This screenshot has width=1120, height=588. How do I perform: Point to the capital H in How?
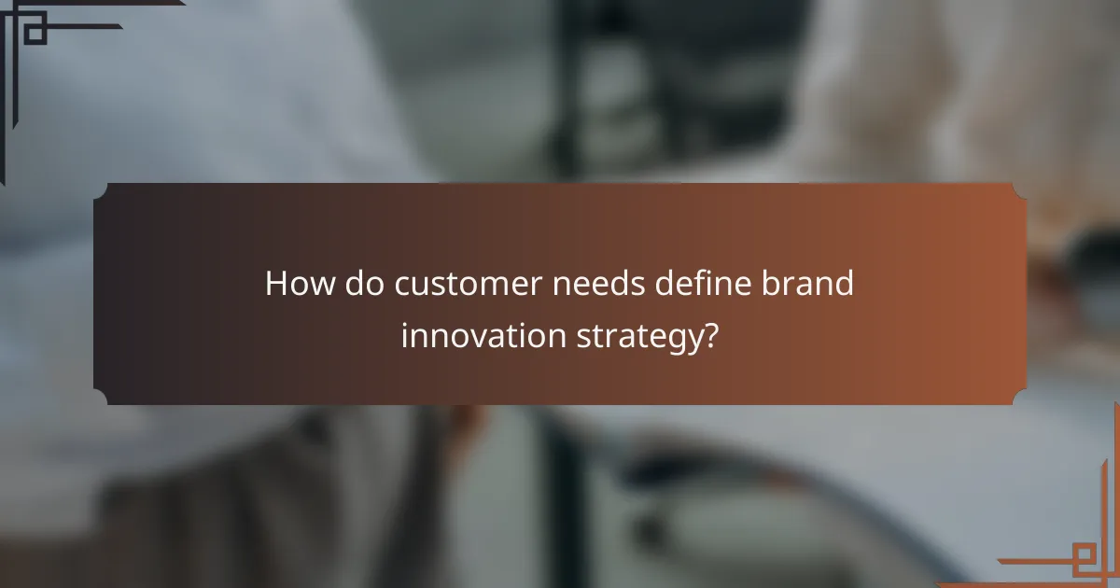click(x=276, y=284)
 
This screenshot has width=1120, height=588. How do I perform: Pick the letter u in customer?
click(x=419, y=285)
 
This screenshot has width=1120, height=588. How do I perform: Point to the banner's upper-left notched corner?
click(x=99, y=189)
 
